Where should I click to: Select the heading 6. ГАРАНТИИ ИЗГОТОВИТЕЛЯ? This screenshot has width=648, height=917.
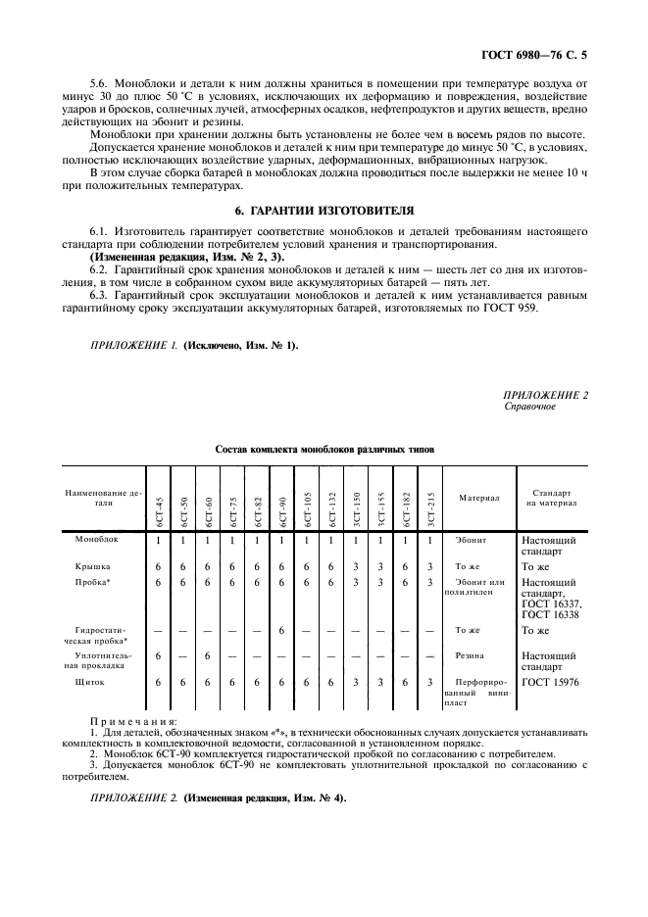tap(324, 211)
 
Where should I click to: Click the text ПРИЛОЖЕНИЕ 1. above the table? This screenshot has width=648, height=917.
tap(123, 346)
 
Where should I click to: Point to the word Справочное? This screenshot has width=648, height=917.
tap(529, 406)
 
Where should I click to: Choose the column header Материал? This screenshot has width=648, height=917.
tap(479, 498)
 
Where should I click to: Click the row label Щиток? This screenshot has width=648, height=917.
tap(89, 681)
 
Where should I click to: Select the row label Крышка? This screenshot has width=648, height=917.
tap(92, 566)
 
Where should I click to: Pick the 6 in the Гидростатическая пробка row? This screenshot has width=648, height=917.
tap(281, 630)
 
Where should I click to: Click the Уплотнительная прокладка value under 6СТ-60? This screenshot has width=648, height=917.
tap(207, 655)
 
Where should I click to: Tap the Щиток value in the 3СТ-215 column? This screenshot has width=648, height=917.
tap(430, 681)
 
